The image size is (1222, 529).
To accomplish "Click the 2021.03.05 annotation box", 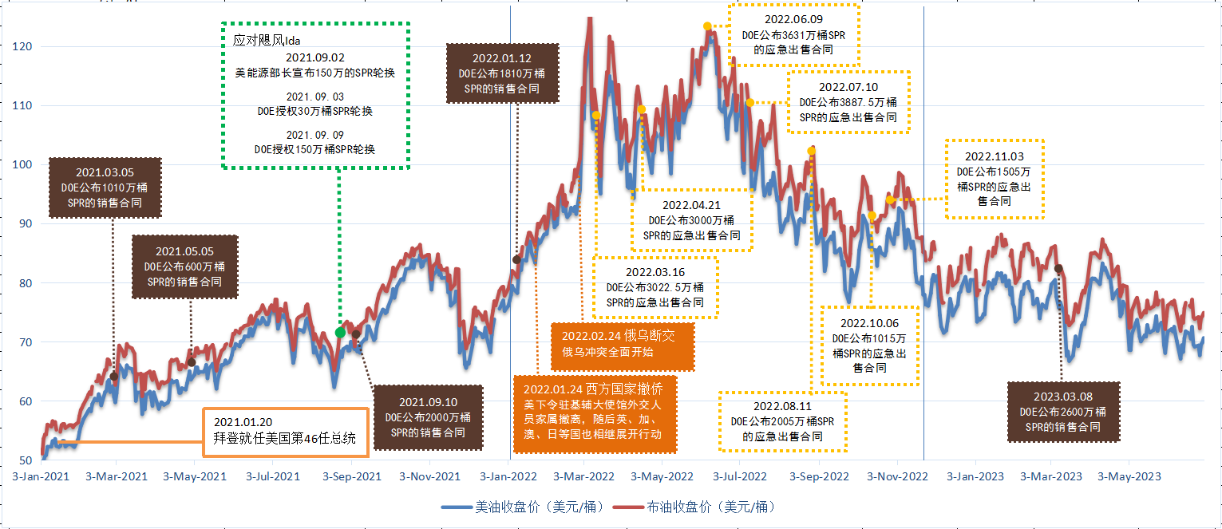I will pyautogui.click(x=105, y=188).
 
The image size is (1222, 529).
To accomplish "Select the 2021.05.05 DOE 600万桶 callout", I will pyautogui.click(x=184, y=266).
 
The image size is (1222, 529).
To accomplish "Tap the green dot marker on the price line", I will pyautogui.click(x=341, y=332).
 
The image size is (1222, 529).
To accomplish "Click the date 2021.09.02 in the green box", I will pyautogui.click(x=315, y=57).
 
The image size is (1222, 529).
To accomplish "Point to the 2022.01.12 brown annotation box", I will pyautogui.click(x=501, y=73).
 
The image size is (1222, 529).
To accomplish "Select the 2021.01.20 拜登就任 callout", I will pyautogui.click(x=285, y=432).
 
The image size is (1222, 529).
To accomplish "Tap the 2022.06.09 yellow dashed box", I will pyautogui.click(x=793, y=34).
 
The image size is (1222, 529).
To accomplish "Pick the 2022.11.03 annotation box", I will pyautogui.click(x=995, y=179).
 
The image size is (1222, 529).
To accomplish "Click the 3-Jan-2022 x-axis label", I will pyautogui.click(x=508, y=477).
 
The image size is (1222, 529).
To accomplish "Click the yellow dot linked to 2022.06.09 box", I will pyautogui.click(x=707, y=26).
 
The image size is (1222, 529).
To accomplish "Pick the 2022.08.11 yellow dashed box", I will pyautogui.click(x=782, y=420).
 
